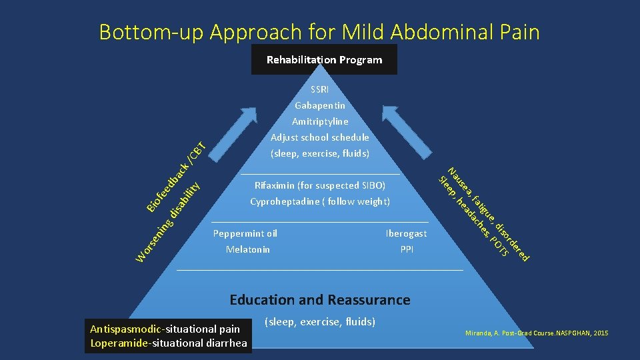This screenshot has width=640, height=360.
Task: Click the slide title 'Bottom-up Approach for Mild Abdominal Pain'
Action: pyautogui.click(x=319, y=31)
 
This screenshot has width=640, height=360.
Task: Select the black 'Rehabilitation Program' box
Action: pyautogui.click(x=324, y=60)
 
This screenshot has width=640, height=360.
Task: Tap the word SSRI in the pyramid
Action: pyautogui.click(x=320, y=89)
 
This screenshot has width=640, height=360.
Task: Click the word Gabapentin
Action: pyautogui.click(x=320, y=105)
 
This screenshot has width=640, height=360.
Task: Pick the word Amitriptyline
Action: pyautogui.click(x=320, y=121)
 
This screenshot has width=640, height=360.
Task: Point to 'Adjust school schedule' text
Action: pyautogui.click(x=320, y=137)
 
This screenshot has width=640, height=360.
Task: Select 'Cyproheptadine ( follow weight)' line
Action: pyautogui.click(x=320, y=201)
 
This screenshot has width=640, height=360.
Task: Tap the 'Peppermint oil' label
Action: pyautogui.click(x=245, y=233)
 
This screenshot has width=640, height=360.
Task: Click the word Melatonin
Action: pyautogui.click(x=248, y=249)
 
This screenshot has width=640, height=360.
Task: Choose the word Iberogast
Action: pyautogui.click(x=406, y=233)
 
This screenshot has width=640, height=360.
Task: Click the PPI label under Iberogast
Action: pyautogui.click(x=407, y=249)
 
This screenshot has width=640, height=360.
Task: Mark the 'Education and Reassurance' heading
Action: pyautogui.click(x=320, y=300)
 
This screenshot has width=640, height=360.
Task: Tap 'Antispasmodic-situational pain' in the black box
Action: pyautogui.click(x=164, y=329)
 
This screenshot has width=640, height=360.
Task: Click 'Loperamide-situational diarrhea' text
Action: pyautogui.click(x=169, y=343)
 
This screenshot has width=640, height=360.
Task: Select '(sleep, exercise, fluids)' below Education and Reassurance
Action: pyautogui.click(x=320, y=322)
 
